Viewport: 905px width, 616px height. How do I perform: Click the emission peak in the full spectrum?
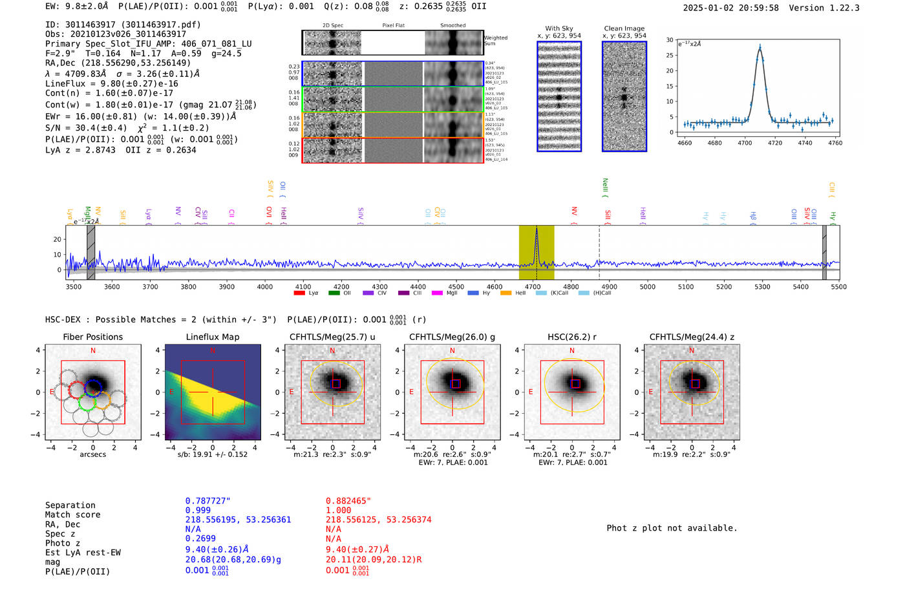click(536, 229)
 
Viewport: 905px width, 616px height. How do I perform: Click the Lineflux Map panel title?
click(212, 337)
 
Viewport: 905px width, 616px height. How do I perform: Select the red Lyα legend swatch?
click(299, 293)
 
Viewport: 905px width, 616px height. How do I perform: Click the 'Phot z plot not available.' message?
click(672, 528)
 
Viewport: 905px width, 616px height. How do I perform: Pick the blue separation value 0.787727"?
click(208, 501)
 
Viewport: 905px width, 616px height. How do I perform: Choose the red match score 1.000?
click(338, 510)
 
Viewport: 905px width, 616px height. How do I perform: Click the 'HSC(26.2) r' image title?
click(571, 337)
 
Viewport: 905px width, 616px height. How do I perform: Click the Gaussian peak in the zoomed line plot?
click(760, 47)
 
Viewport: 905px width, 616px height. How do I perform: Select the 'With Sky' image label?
click(559, 28)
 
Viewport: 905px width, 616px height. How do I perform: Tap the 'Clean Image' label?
click(624, 28)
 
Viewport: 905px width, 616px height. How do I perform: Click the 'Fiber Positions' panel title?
click(92, 337)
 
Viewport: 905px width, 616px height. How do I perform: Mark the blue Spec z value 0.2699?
click(200, 538)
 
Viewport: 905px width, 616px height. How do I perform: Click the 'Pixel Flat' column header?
click(393, 25)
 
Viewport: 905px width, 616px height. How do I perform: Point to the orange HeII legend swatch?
click(506, 293)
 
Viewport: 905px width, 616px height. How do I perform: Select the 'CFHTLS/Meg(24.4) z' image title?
click(692, 337)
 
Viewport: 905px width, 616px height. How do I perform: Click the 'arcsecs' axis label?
click(92, 454)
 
